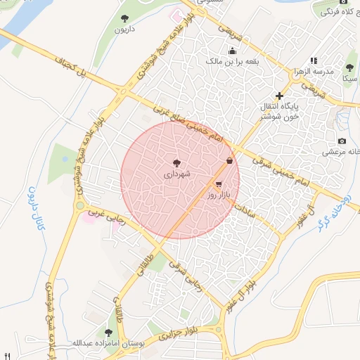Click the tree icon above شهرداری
point(176,162)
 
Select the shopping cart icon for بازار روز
point(229,184)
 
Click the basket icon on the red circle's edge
point(230,161)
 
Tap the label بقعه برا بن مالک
point(232,61)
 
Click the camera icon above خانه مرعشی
point(342,141)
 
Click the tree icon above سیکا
point(349,67)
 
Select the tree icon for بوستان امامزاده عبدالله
point(108,332)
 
